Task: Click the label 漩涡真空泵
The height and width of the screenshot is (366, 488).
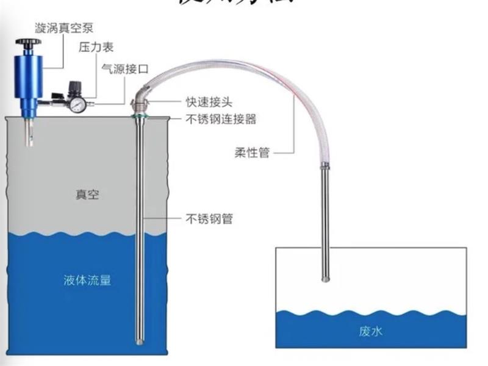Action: (x=67, y=27)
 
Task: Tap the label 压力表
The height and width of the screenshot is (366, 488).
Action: (x=96, y=48)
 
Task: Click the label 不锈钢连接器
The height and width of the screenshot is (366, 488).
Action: (x=220, y=120)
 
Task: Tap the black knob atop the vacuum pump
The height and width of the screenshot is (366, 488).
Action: (x=28, y=43)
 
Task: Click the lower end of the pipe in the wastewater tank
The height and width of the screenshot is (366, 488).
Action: (x=326, y=278)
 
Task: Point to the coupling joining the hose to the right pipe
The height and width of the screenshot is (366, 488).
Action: (x=326, y=165)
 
